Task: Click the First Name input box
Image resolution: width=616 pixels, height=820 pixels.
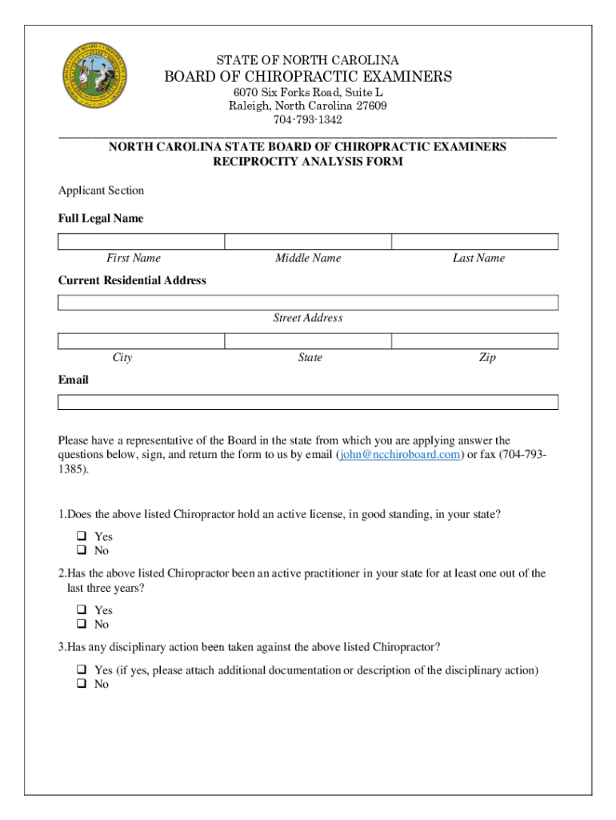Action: coord(142,242)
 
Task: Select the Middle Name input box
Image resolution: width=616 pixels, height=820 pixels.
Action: coord(308,242)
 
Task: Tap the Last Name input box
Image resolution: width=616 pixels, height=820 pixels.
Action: coord(474,242)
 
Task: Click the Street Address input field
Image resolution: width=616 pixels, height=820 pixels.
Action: coord(308,302)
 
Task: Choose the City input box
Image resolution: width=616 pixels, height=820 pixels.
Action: coord(142,342)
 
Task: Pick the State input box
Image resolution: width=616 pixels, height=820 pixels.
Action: coord(308,342)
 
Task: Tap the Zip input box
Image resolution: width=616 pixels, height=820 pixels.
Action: coord(474,342)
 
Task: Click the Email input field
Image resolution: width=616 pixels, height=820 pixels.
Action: coord(308,402)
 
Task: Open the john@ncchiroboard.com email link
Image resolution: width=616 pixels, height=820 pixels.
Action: coord(399,455)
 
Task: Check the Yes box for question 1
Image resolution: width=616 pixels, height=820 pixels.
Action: coord(81,537)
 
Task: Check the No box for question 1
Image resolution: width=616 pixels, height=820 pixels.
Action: coord(81,551)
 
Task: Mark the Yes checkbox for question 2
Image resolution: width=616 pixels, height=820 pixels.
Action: coord(81,610)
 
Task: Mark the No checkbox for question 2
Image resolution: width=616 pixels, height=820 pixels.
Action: coord(81,625)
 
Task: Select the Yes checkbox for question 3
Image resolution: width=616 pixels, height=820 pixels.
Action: coord(81,669)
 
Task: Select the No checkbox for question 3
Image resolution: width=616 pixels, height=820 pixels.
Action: coord(81,685)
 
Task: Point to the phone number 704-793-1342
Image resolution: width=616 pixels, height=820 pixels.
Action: coord(308,120)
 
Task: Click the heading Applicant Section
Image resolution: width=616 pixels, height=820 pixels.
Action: coord(101,191)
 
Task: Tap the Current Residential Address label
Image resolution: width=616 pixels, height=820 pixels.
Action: coord(132,280)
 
